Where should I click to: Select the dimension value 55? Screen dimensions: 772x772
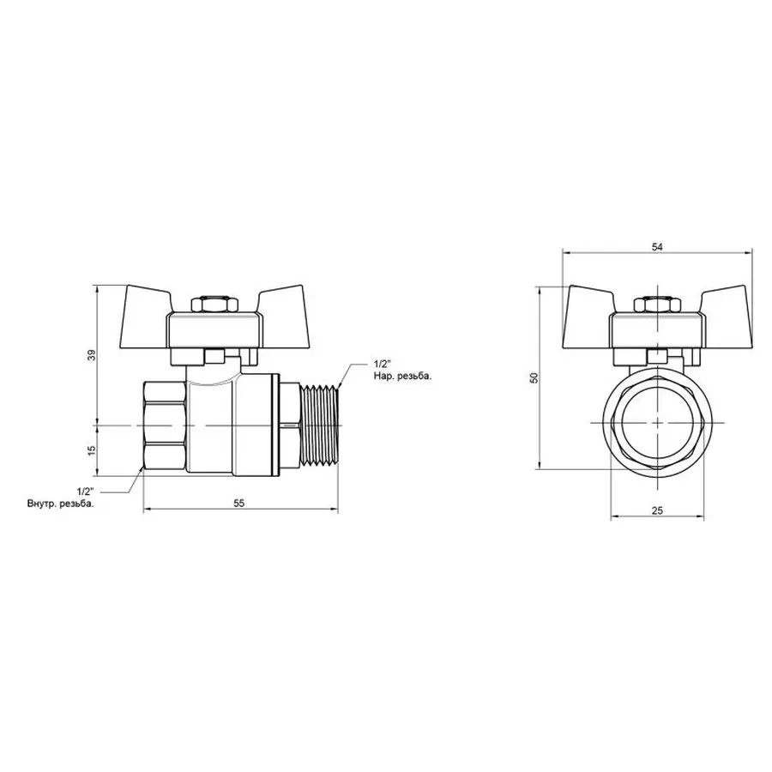tap(239, 504)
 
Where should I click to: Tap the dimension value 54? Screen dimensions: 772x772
tap(657, 246)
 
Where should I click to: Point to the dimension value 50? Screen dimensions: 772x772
tap(534, 378)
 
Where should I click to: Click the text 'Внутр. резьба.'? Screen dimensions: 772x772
tap(60, 504)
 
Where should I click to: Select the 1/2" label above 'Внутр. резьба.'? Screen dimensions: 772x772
tap(85, 491)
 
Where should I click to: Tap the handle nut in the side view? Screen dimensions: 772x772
tap(211, 305)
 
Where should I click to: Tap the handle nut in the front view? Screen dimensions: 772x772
tap(657, 305)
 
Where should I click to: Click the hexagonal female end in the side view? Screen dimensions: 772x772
tap(164, 425)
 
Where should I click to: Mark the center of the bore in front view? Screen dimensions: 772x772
tap(657, 424)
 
